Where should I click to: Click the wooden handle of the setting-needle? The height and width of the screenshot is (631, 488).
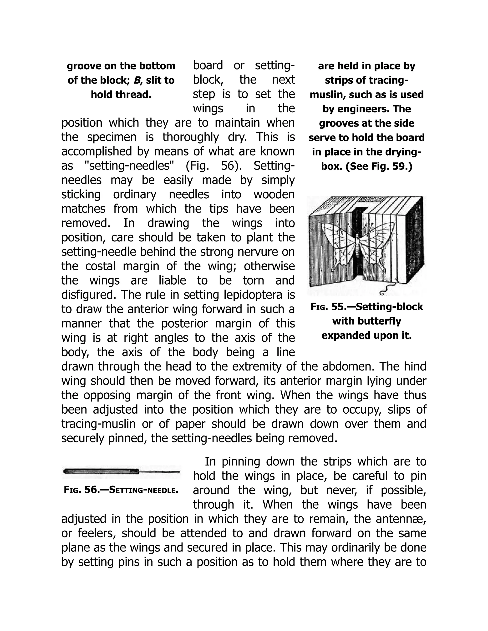click(100, 471)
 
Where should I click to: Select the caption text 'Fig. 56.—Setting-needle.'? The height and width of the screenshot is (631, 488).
click(121, 490)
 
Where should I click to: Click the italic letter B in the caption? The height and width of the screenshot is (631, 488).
click(137, 80)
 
